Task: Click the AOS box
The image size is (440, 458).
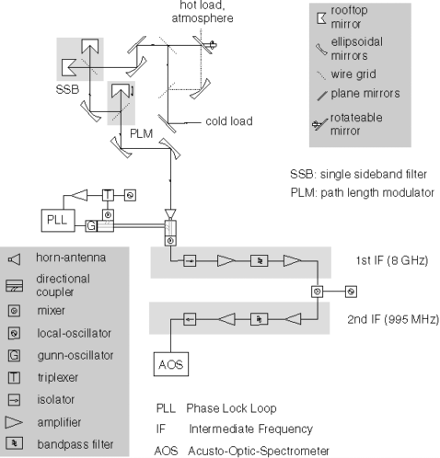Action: (x=171, y=364)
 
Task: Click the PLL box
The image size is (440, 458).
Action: (x=58, y=220)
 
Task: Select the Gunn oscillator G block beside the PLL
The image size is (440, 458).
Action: (x=91, y=226)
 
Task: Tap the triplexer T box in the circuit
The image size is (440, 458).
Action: (x=108, y=195)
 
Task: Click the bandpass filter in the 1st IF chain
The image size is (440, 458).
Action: (x=260, y=261)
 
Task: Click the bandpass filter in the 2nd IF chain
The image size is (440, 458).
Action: (x=260, y=319)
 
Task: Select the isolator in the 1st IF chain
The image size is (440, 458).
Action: (x=190, y=261)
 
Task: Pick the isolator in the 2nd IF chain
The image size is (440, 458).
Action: (x=190, y=319)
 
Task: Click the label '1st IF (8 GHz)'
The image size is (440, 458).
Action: (x=392, y=260)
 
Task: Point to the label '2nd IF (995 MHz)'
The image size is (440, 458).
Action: (x=393, y=319)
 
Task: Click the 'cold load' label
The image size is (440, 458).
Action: (x=229, y=121)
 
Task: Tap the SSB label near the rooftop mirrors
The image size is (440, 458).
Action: (x=67, y=89)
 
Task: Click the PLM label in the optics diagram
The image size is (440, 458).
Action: (x=141, y=133)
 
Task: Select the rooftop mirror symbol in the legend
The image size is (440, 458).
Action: (x=321, y=18)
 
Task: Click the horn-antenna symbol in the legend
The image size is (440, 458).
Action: (x=15, y=259)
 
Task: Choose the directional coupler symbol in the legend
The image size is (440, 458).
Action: (x=14, y=285)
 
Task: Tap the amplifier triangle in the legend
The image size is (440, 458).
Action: (x=14, y=422)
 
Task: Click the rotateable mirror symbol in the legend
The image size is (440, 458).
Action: (x=319, y=125)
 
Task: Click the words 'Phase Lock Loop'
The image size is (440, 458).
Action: (x=231, y=408)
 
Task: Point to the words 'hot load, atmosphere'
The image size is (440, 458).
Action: (x=203, y=12)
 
